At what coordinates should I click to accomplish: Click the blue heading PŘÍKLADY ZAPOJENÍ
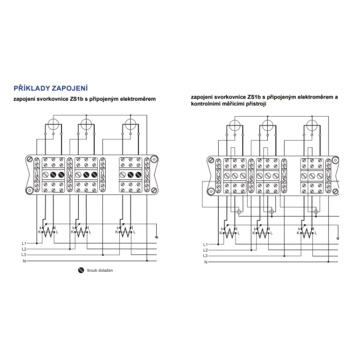[x=51, y=88]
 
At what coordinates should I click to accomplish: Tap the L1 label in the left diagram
[x=24, y=243]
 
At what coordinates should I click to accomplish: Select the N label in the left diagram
[x=24, y=261]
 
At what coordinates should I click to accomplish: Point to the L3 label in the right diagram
[x=205, y=256]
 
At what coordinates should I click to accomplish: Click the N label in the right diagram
[x=206, y=262]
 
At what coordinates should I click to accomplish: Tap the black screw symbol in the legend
[x=81, y=270]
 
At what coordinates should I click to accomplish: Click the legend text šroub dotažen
[x=100, y=270]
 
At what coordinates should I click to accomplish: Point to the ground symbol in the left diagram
[x=156, y=237]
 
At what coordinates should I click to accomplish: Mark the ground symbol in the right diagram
[x=338, y=238]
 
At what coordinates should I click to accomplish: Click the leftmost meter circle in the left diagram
[x=53, y=124]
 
